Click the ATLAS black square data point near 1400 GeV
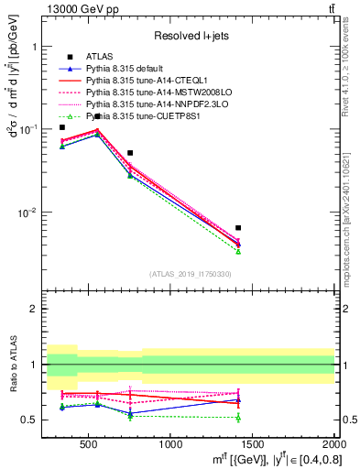[238, 228]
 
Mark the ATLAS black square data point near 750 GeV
[130, 153]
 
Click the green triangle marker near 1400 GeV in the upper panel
[238, 251]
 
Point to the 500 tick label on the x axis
[89, 444]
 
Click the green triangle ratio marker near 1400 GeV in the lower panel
[238, 418]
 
